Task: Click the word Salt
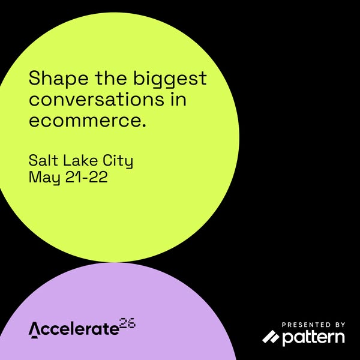(x=44, y=161)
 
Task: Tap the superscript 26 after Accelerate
(x=127, y=323)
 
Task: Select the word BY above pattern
(x=338, y=324)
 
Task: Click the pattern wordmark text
(x=313, y=338)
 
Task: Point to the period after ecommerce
(x=144, y=125)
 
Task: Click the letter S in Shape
(x=34, y=79)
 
